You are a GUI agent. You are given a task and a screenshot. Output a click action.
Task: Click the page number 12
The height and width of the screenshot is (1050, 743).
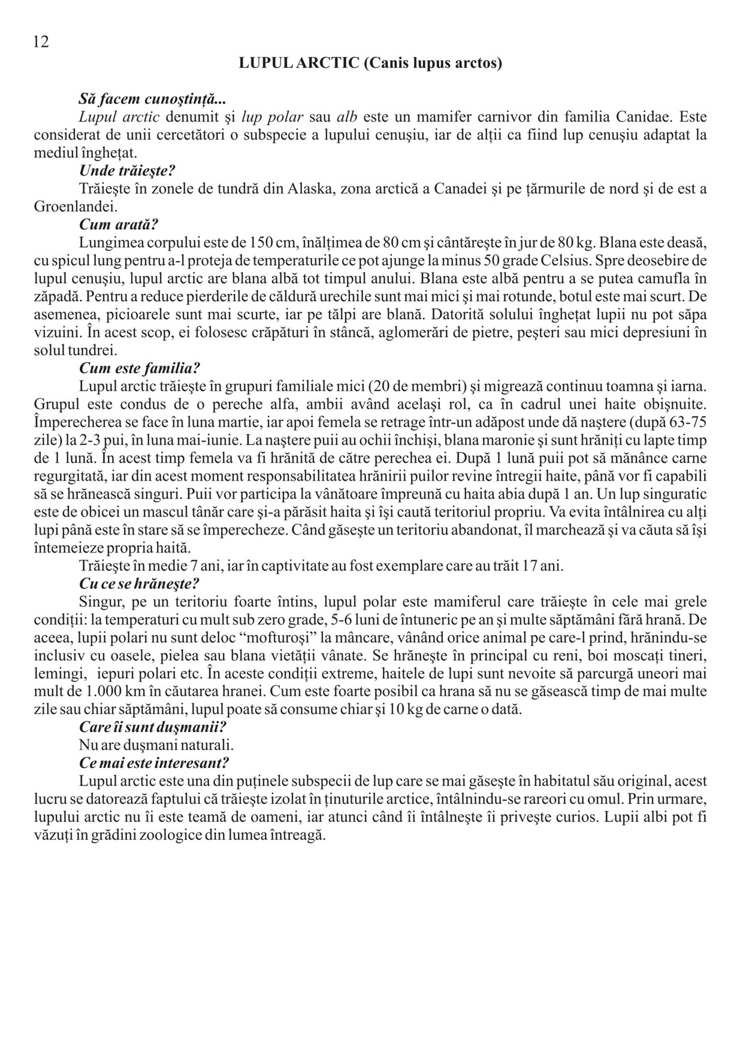tap(41, 42)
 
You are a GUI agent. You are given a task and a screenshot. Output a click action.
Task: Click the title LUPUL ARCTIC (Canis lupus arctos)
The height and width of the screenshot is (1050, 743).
tap(370, 63)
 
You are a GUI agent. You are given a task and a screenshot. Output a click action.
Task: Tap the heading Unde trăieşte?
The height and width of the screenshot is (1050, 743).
tap(127, 171)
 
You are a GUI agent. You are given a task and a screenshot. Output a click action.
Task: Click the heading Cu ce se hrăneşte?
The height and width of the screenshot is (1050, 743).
tap(139, 583)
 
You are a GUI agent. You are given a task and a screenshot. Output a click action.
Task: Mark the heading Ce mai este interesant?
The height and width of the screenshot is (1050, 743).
tap(154, 763)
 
